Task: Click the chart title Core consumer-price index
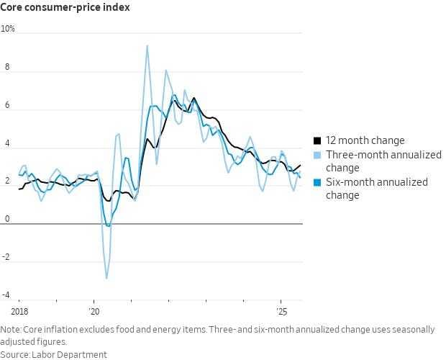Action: [x=65, y=9]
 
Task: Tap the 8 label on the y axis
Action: [x=9, y=66]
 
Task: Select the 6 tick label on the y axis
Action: [x=9, y=104]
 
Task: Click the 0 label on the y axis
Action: [x=9, y=218]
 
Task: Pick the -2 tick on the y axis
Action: [x=7, y=256]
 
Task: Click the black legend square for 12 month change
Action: [x=317, y=141]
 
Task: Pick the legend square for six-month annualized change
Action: [x=317, y=183]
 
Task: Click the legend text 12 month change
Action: [x=365, y=141]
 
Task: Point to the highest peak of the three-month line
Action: [x=147, y=45]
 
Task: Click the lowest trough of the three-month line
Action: [x=106, y=278]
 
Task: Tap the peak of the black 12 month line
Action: [x=194, y=98]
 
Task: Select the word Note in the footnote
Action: [x=12, y=330]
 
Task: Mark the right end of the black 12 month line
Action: [x=301, y=165]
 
